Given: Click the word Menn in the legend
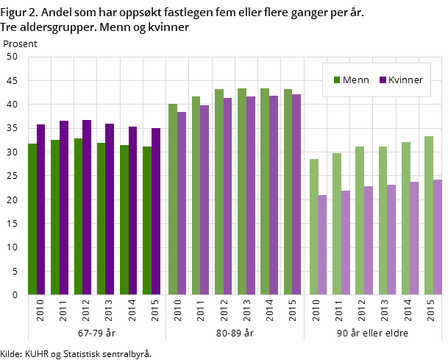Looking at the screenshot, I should click(x=356, y=80).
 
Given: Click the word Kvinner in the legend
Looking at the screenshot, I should click(x=405, y=80).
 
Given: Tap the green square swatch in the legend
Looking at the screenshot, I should click(x=337, y=80).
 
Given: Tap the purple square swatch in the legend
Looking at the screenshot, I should click(x=383, y=80).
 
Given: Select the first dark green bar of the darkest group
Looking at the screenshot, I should click(x=32, y=219).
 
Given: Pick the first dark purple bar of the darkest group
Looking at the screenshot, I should click(x=41, y=210).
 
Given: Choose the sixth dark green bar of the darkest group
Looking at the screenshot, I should click(x=147, y=221).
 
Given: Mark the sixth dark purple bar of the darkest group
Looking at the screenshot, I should click(x=156, y=211).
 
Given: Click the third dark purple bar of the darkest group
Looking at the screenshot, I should click(x=87, y=208).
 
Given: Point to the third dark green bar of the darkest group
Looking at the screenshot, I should click(x=78, y=216).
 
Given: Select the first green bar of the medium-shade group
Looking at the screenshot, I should click(x=173, y=200).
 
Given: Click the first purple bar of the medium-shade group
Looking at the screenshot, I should click(x=182, y=203).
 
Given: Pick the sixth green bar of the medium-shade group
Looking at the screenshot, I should click(x=288, y=192).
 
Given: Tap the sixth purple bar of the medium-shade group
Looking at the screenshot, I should click(x=296, y=194).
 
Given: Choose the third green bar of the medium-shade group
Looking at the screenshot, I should click(x=219, y=192).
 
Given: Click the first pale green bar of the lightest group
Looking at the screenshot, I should click(x=314, y=227).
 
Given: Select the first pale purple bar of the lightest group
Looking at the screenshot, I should click(x=322, y=245).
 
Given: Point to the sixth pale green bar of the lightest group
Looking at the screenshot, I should click(x=429, y=216).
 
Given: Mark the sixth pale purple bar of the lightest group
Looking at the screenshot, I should click(x=438, y=237).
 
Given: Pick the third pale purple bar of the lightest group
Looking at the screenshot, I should click(x=369, y=241).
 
